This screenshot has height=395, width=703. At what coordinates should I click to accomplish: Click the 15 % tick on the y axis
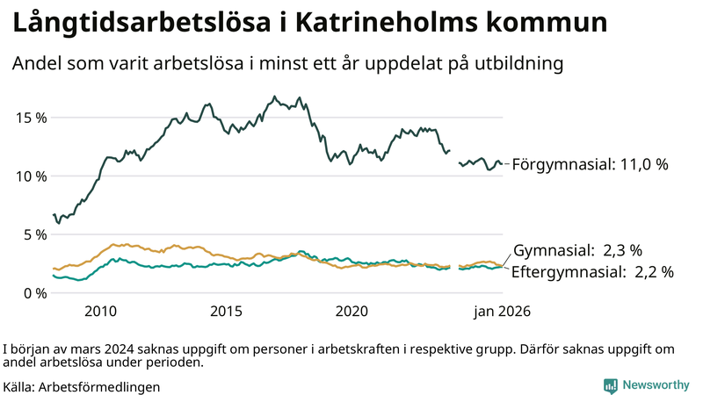click(x=30, y=118)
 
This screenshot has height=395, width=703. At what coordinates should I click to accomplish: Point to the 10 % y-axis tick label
click(x=30, y=176)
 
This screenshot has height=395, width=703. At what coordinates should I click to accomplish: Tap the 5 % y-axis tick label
click(x=33, y=234)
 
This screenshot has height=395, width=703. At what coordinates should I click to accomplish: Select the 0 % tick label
click(x=33, y=293)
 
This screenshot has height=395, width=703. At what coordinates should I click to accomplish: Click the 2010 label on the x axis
click(x=100, y=312)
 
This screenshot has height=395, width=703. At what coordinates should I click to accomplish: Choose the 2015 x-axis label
click(x=226, y=312)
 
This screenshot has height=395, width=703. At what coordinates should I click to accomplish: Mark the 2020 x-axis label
click(x=351, y=312)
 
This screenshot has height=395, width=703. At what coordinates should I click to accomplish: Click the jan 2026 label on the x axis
click(x=503, y=312)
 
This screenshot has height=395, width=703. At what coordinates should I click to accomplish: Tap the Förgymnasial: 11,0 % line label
click(x=591, y=164)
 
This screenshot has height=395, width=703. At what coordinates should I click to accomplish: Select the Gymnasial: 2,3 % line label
click(x=577, y=249)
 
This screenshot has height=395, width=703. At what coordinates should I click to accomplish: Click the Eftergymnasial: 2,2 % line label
click(x=591, y=272)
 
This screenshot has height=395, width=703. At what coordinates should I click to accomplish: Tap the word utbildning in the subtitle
click(x=518, y=64)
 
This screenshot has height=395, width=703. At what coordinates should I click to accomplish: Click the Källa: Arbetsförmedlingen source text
click(x=82, y=385)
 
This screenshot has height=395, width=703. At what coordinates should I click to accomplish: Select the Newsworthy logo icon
click(x=610, y=385)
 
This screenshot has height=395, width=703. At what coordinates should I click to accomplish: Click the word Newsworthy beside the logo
click(x=656, y=385)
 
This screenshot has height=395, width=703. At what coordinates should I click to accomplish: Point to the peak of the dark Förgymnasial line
click(x=274, y=97)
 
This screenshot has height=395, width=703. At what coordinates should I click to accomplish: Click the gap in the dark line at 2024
click(x=454, y=156)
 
